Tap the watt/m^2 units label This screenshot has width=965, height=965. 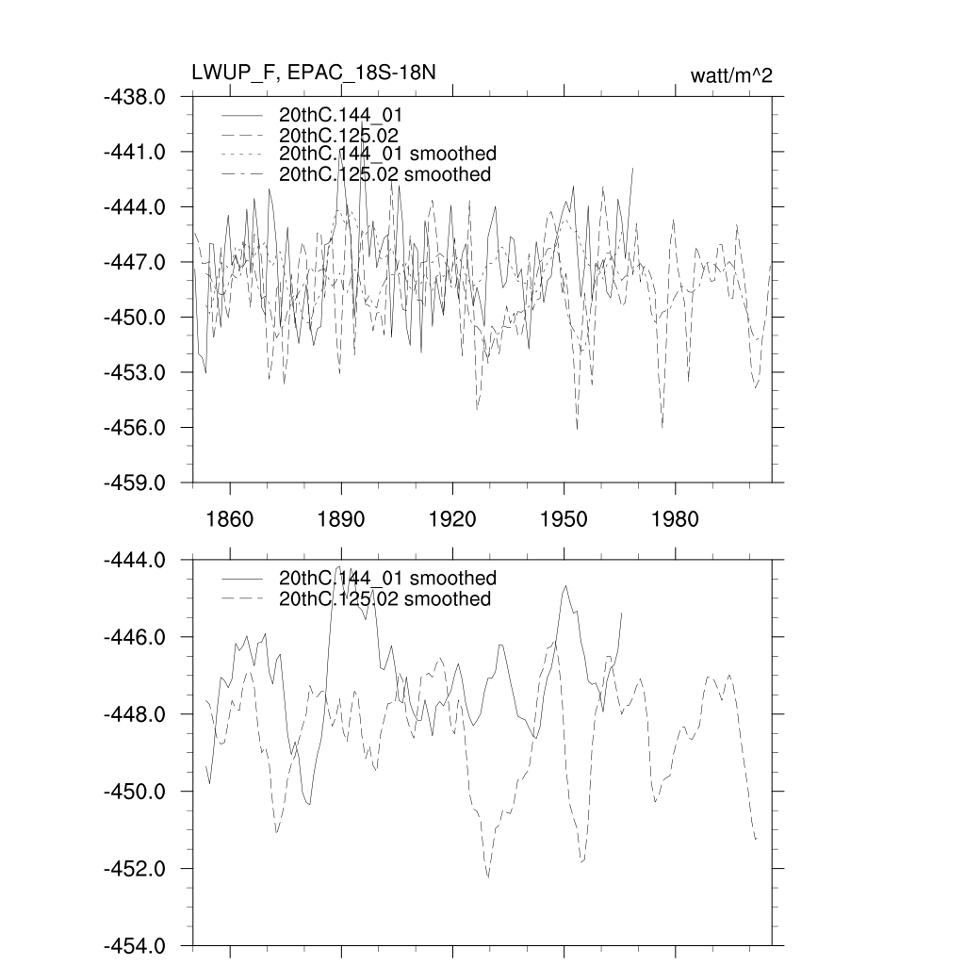pos(731,76)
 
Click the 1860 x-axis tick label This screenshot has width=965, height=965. pos(230,519)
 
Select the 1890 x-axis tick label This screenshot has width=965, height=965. pos(341,519)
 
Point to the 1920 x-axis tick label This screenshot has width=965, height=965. pos(452,519)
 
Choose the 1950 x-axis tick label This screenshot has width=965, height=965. pos(564,519)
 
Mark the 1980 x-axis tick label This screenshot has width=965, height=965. pos(675,519)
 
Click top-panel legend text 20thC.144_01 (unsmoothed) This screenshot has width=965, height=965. pos(348,114)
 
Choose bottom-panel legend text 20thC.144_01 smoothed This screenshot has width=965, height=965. pos(387,578)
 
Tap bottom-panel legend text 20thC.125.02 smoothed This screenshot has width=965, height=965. pos(384,599)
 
